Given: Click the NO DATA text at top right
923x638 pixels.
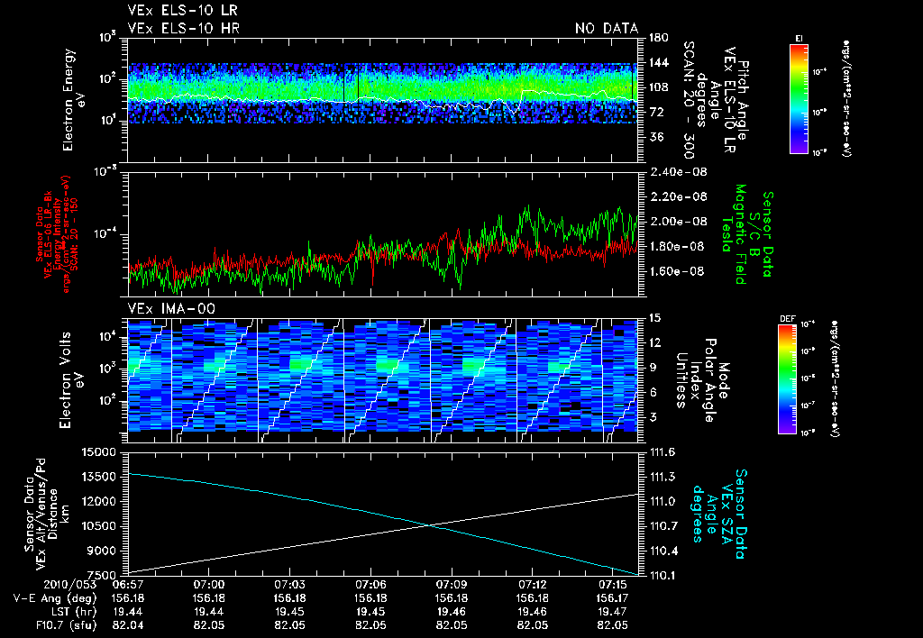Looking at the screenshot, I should point(606,29).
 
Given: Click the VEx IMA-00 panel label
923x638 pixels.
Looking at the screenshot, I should point(163,308).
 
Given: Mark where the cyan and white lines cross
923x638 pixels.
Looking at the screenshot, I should point(430,524).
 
